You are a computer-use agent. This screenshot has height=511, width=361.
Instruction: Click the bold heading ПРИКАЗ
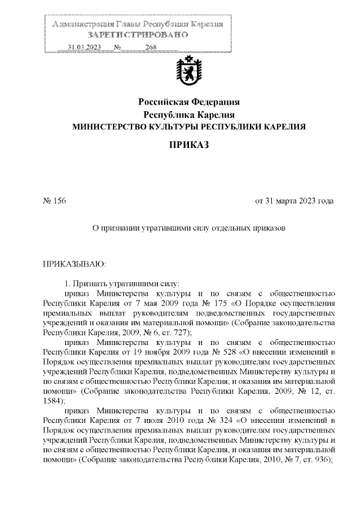coord(190,146)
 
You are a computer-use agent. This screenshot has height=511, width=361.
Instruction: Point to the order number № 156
coord(55,201)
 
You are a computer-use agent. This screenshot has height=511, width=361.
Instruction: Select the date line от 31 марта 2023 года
coord(294,201)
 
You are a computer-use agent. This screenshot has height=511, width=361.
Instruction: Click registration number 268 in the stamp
coord(150,47)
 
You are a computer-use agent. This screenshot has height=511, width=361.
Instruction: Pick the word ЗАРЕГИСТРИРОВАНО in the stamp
coord(138,35)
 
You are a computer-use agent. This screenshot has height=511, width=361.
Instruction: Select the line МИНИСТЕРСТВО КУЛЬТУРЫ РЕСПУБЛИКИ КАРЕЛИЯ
coord(190,127)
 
